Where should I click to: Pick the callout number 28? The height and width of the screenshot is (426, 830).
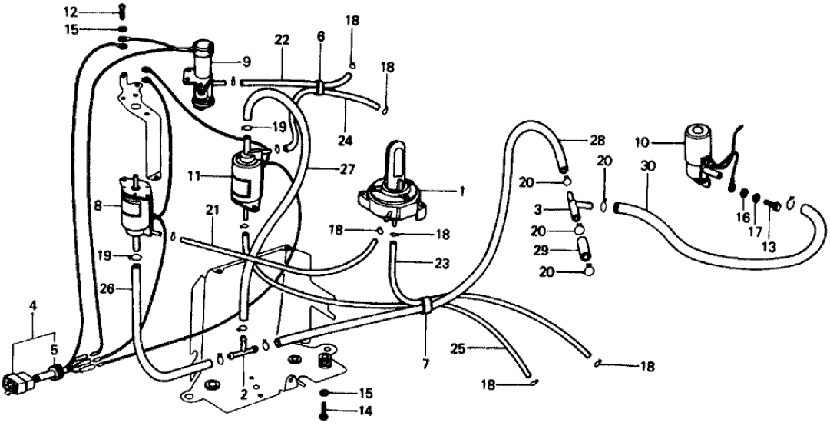click(x=598, y=141)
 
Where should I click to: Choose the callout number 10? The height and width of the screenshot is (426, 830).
click(x=643, y=143)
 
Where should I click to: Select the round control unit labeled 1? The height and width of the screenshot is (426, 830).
click(x=390, y=192)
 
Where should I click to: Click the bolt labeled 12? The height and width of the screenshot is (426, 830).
click(x=122, y=13)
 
